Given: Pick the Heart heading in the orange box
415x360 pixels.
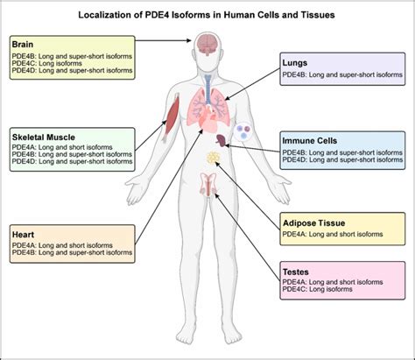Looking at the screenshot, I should click(23, 235).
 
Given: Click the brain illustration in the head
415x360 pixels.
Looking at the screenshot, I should click(207, 42).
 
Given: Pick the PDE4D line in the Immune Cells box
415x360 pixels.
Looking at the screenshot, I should click(345, 160).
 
